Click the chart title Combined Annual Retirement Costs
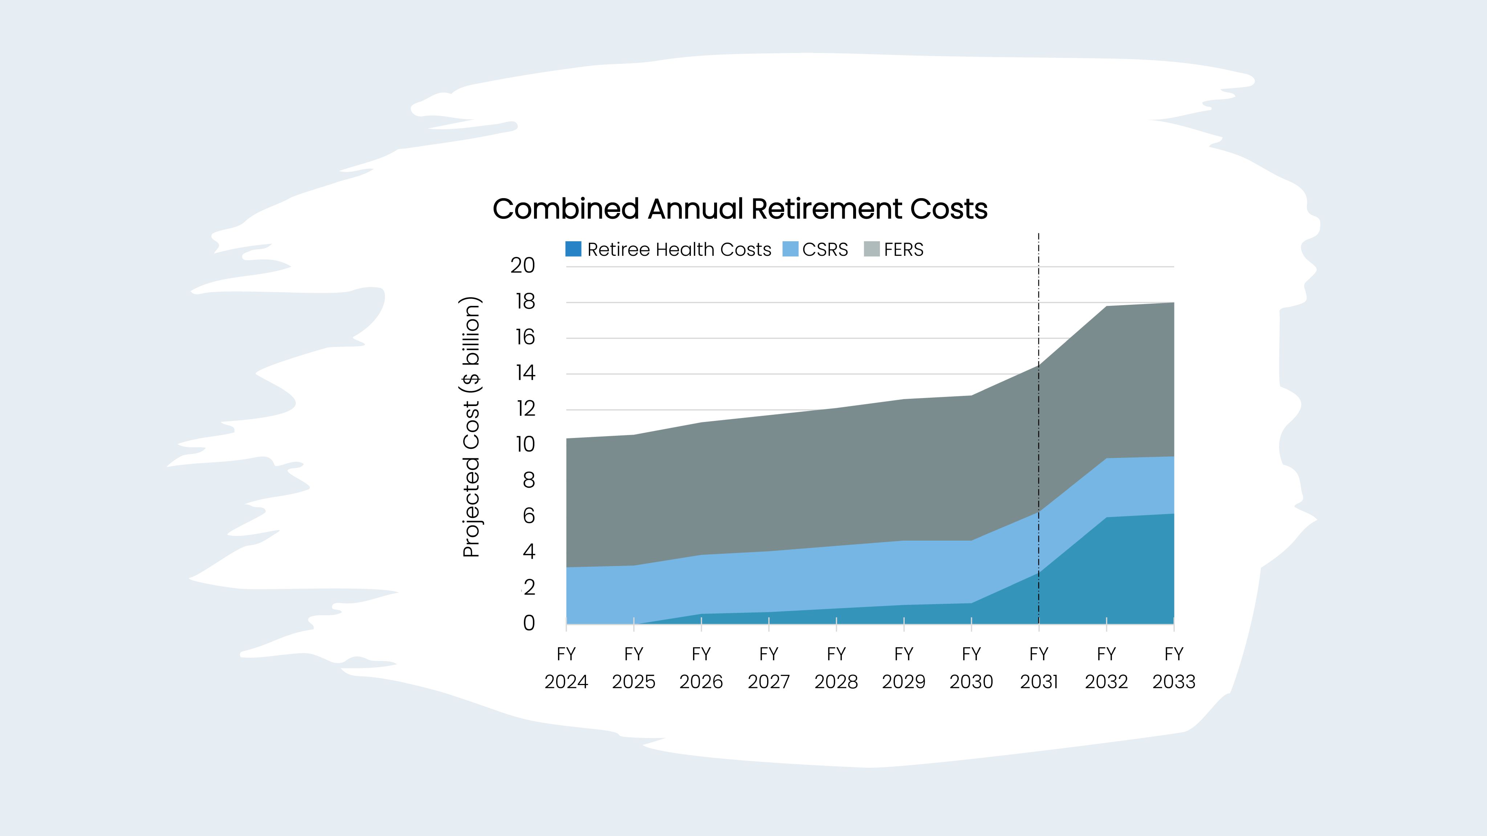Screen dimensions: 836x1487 tap(740, 209)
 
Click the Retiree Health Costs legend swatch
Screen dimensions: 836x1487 tap(573, 249)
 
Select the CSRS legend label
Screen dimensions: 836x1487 tap(825, 249)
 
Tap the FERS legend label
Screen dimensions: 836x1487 tap(903, 249)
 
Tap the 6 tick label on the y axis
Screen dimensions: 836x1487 tap(528, 516)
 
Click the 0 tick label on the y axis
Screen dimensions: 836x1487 tap(528, 623)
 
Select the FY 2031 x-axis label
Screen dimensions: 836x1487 tap(1039, 668)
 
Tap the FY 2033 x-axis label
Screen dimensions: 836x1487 tap(1174, 668)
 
